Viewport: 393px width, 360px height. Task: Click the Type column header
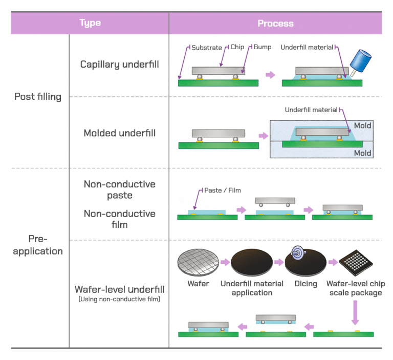click(x=90, y=23)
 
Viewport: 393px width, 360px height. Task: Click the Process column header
click(x=275, y=23)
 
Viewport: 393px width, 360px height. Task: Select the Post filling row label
click(x=38, y=96)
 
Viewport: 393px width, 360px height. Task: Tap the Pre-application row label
click(x=38, y=245)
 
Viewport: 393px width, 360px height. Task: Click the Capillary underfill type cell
click(x=119, y=65)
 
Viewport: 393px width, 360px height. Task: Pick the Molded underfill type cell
click(x=119, y=133)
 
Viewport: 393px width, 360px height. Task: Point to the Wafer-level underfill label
click(x=119, y=289)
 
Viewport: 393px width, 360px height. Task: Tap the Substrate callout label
click(x=207, y=48)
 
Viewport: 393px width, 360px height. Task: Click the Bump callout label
click(x=262, y=48)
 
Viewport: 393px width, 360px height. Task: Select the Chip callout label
click(x=237, y=48)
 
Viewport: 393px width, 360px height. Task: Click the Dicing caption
click(x=305, y=284)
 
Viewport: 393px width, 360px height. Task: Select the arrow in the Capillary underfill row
click(x=270, y=75)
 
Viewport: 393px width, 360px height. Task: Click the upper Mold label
click(x=362, y=126)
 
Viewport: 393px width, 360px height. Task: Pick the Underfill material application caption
click(x=252, y=288)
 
